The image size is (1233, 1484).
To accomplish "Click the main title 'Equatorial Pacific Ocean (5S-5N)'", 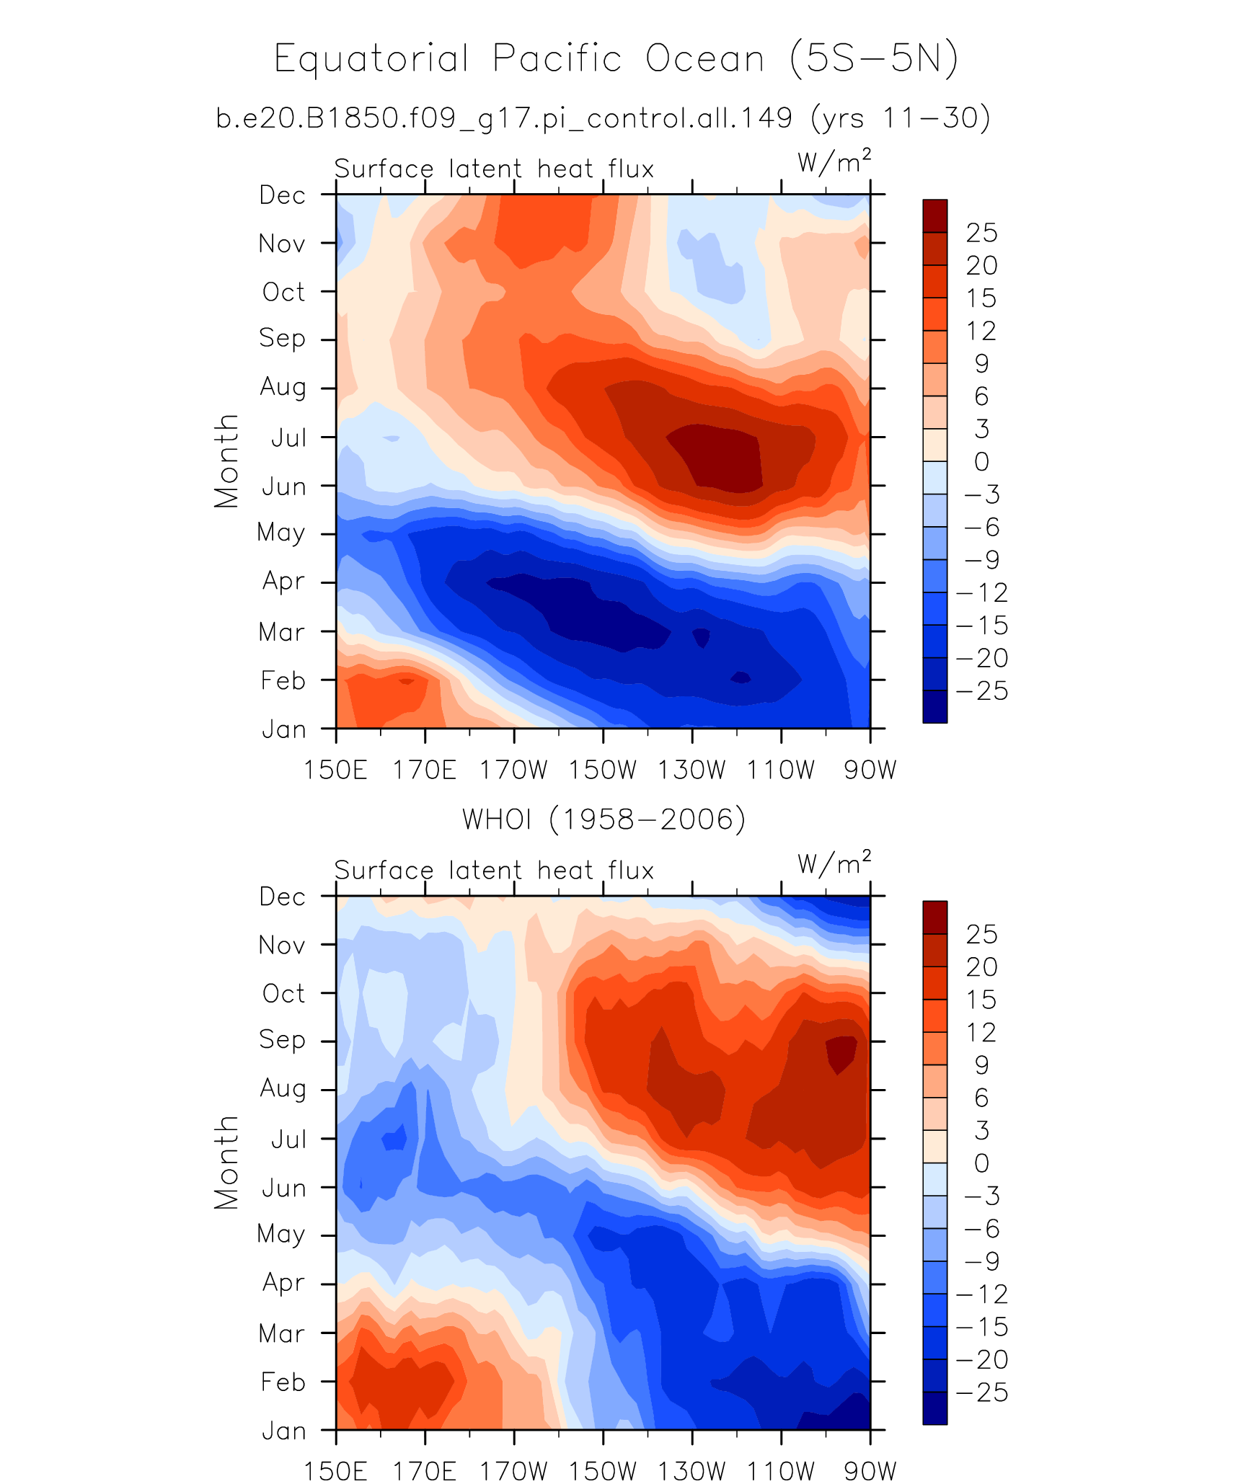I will coord(616,58).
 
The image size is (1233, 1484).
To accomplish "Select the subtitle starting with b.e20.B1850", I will coord(603,117).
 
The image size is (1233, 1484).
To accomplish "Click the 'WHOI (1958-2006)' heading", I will coord(604,819).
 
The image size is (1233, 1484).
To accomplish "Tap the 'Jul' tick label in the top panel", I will coord(288,437).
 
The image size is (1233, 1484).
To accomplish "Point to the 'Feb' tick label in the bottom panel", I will coord(283,1382).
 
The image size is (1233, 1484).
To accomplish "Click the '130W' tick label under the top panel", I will coord(691,770).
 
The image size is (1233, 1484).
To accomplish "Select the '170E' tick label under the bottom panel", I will coord(424,1470).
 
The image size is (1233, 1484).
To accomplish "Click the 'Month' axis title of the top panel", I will coord(226,461).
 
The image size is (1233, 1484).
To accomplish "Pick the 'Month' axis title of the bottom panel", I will coord(226,1163).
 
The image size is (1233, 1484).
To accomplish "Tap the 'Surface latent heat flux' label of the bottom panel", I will coord(494,870).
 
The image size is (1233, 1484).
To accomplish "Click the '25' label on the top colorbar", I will coord(982,233).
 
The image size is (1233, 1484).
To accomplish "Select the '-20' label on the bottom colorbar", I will coord(982,1359).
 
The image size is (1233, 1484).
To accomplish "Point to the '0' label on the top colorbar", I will coord(981,461).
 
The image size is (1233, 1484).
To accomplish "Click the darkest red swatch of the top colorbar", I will coord(934,216).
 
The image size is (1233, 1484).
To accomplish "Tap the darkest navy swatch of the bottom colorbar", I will coord(934,1408).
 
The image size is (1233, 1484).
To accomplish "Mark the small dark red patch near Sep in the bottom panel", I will coord(841,1052).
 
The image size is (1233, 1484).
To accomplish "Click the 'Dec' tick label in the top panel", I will coord(283,195).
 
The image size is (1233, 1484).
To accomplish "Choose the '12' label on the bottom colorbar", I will coord(981,1032).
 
